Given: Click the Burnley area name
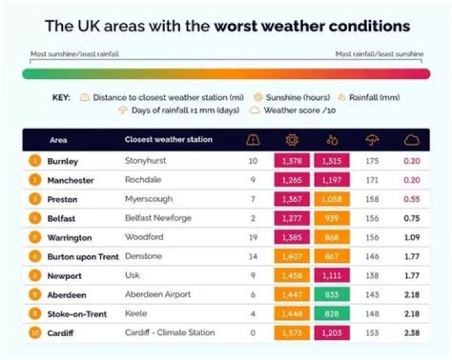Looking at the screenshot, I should [x=63, y=161].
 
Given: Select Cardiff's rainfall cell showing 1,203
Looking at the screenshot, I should [x=331, y=333].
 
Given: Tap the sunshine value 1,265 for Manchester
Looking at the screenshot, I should [x=292, y=181].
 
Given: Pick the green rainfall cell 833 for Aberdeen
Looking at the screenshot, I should [x=331, y=295].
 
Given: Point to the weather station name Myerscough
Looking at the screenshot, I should [x=148, y=199].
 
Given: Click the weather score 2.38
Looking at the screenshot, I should [x=412, y=333].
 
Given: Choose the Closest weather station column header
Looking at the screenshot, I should [x=168, y=139].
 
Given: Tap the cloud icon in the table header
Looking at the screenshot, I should [x=412, y=140].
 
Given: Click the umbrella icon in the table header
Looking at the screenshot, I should [x=372, y=140].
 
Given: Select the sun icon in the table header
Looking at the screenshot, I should [x=292, y=140].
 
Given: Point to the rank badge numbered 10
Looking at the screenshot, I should [x=35, y=333].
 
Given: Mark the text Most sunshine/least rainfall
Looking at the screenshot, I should [x=75, y=54].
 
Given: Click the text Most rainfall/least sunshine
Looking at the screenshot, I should [x=379, y=54].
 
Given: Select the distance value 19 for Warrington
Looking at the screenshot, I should [x=253, y=238].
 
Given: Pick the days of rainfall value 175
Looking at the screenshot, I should [x=372, y=161].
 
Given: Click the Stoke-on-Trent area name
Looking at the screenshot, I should [x=77, y=314].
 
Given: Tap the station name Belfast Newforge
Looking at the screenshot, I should [x=158, y=218].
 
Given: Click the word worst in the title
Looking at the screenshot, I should [x=239, y=26].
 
